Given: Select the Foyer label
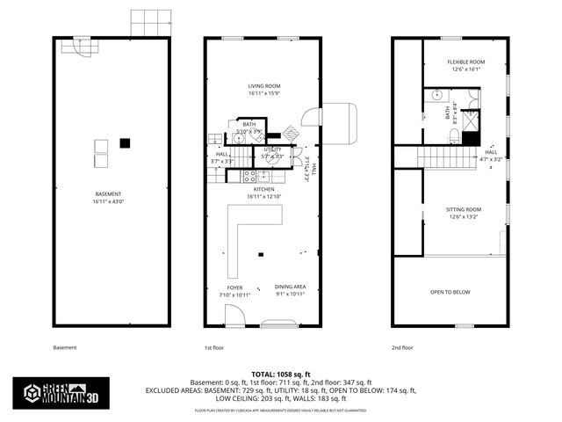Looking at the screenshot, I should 234,291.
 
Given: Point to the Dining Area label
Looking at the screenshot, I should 290,291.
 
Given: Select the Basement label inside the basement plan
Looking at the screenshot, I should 108,197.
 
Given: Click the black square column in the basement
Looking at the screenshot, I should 126,142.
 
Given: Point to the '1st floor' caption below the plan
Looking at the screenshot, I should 215,347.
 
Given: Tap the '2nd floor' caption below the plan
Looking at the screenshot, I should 403,347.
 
